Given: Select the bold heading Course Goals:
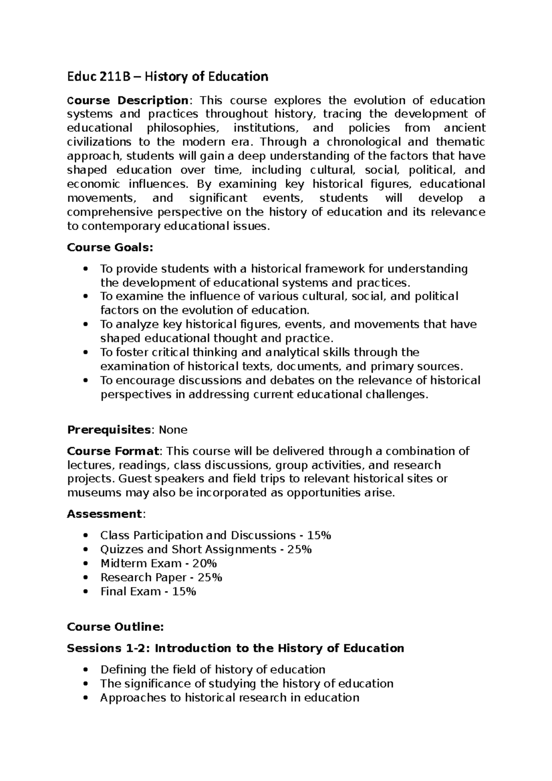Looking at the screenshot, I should tap(109, 247).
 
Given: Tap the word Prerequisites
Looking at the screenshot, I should tap(109, 430).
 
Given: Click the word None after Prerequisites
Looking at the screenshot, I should tap(173, 430).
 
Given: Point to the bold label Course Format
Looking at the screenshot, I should tap(113, 451).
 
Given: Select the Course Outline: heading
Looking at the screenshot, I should tap(115, 627).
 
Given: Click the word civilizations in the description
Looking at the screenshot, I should tap(95, 142).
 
